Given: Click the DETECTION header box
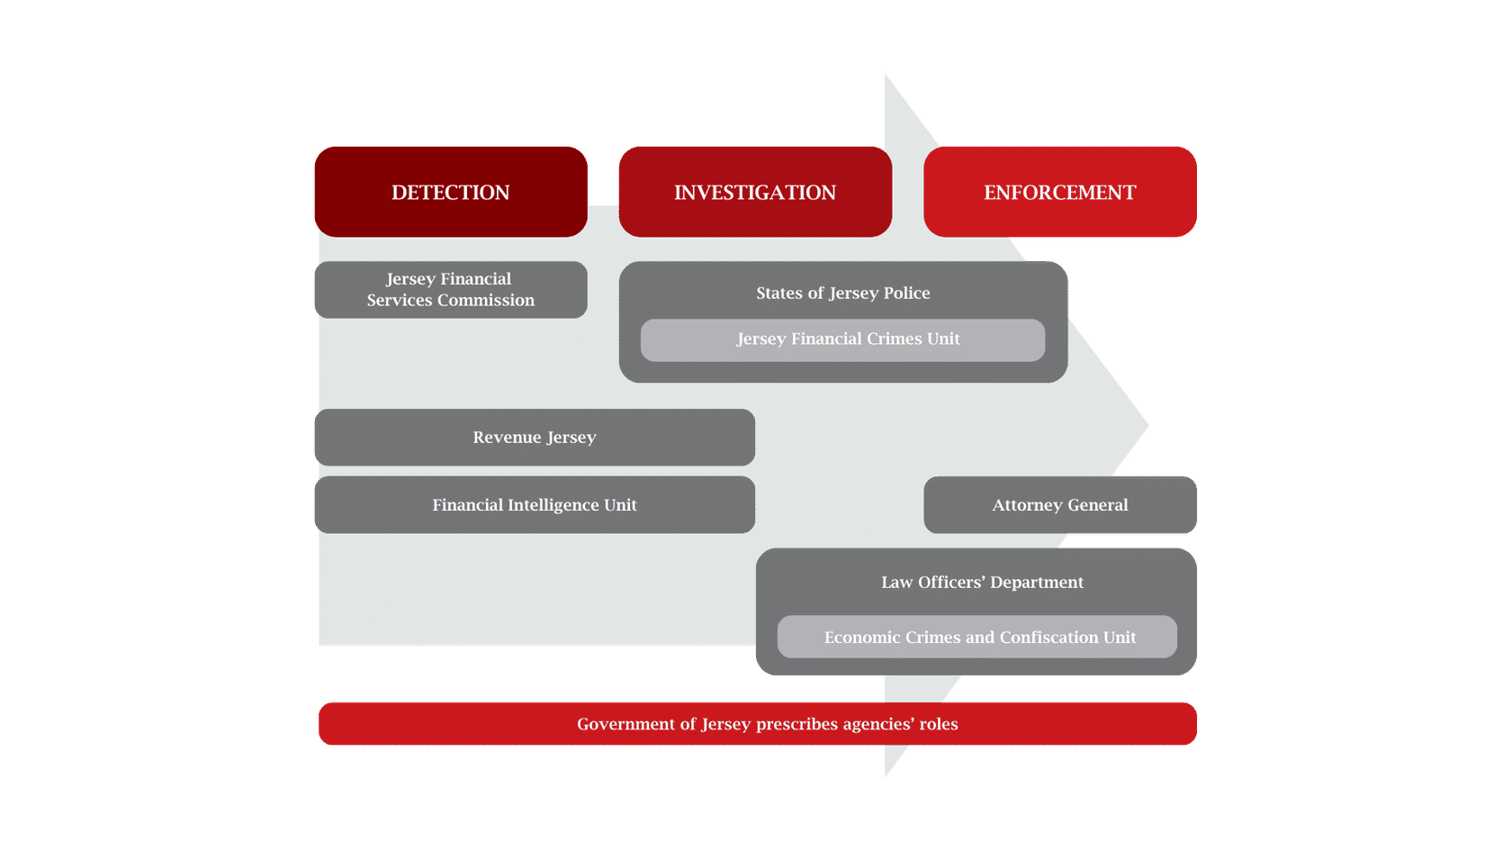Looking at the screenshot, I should [450, 192].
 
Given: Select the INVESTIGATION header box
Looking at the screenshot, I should [754, 192].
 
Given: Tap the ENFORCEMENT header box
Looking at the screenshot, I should [1059, 192].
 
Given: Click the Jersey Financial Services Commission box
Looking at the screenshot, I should [450, 289].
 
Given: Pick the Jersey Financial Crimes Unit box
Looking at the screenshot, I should [842, 339].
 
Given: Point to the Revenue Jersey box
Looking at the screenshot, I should [534, 437].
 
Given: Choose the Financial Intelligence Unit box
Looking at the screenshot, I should [534, 504].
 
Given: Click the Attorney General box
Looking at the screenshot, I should [1059, 504].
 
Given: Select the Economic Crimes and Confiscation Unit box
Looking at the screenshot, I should [976, 637].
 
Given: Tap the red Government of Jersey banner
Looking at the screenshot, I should [757, 724].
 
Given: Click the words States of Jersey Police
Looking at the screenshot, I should [842, 293].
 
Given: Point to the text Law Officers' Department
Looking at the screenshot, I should [982, 582].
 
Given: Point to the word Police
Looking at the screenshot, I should [906, 293].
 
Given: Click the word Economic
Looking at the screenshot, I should [861, 638].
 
